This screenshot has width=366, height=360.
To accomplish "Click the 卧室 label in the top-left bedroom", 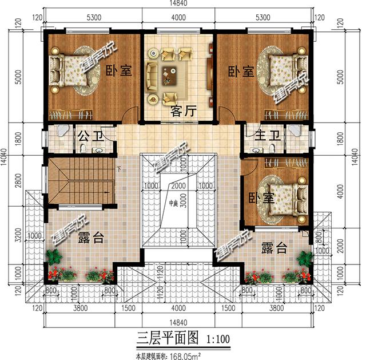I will pyautogui.click(x=119, y=72).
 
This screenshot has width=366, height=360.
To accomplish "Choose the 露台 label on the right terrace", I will pyautogui.click(x=274, y=248).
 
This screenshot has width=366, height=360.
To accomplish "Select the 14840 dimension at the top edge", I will pyautogui.click(x=178, y=5).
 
